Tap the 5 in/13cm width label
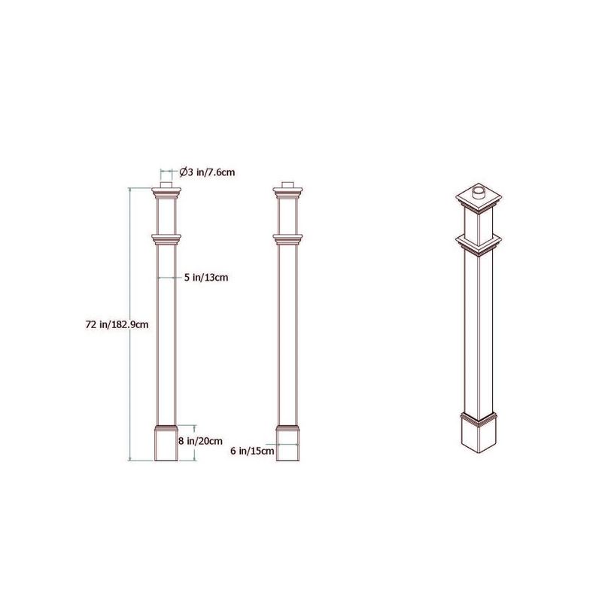(206, 278)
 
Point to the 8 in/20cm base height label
(200, 440)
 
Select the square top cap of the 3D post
(479, 202)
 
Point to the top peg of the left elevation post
(167, 186)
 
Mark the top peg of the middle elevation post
(288, 186)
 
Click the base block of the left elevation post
(166, 444)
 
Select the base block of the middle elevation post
(288, 444)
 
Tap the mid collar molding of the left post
(167, 240)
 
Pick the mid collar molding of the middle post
(288, 240)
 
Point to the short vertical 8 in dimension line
(195, 442)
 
